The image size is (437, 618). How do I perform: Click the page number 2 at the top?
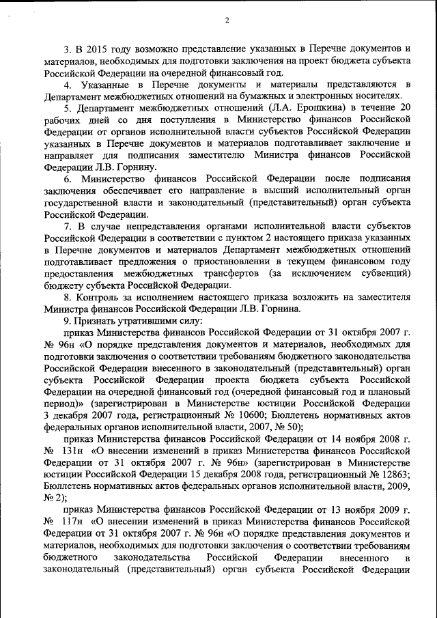point(226,20)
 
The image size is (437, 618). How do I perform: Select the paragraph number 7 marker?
point(67,226)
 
